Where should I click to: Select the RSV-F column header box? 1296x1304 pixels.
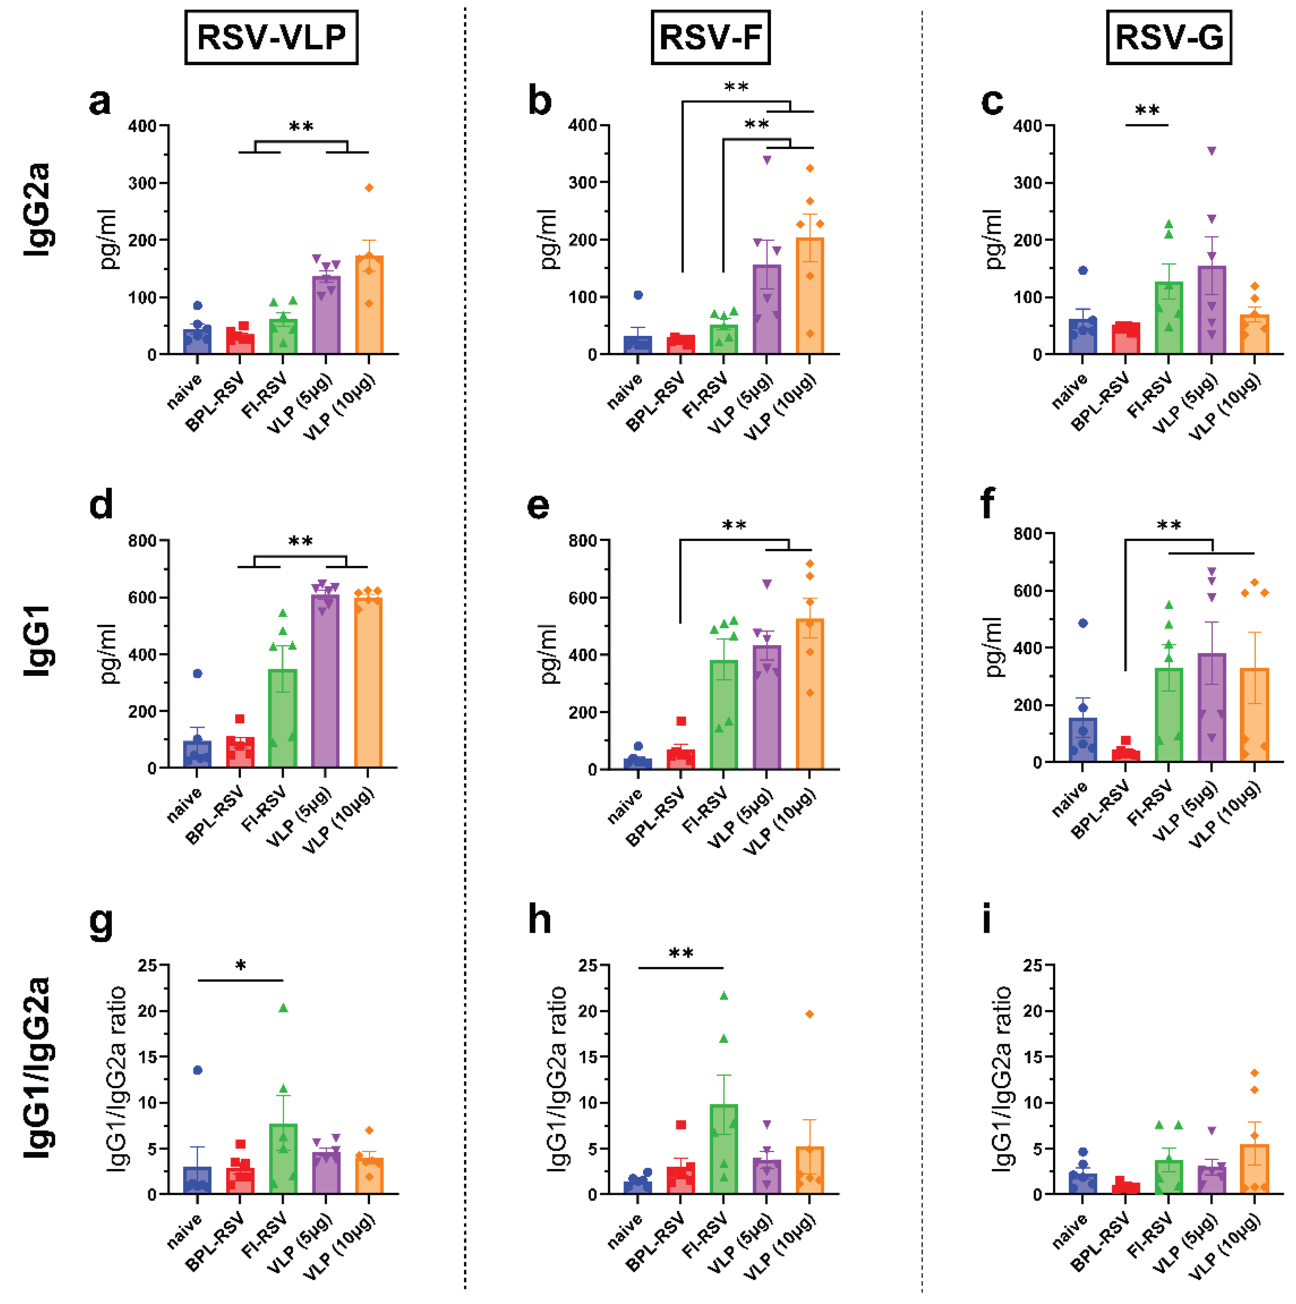point(710,37)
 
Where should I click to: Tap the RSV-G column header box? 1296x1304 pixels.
point(1168,37)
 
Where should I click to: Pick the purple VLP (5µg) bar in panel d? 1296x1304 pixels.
point(326,682)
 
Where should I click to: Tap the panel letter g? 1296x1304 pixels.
point(101,922)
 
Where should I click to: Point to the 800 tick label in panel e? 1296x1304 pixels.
point(582,541)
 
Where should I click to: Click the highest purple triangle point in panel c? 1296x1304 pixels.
point(1212,151)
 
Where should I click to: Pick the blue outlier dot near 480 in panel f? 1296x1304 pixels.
point(1082,623)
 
